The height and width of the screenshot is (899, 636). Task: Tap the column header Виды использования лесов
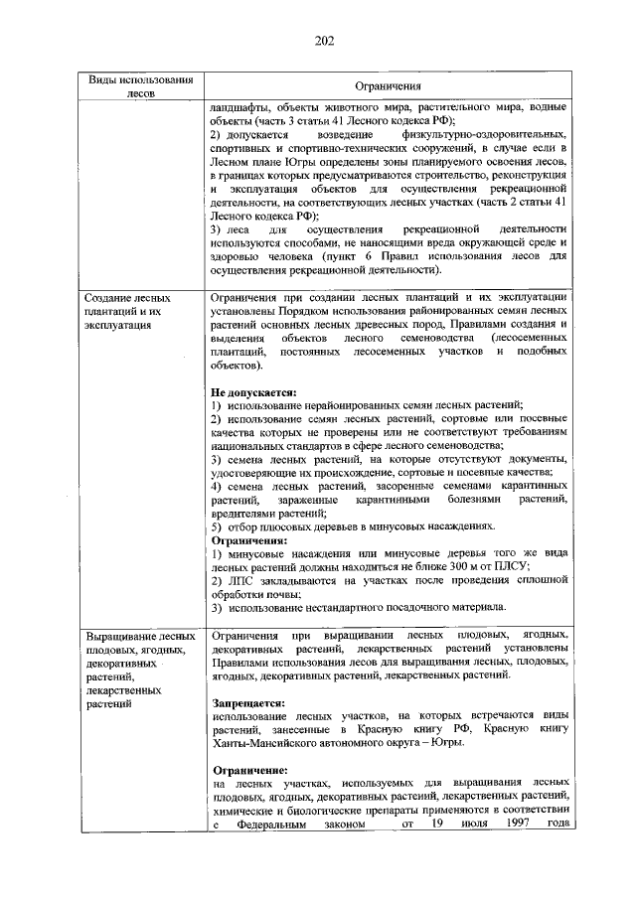[x=134, y=86]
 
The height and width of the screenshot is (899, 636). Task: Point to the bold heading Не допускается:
[x=254, y=391]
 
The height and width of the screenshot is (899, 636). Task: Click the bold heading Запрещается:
[x=248, y=702]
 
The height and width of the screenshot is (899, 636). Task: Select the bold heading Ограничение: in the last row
[x=250, y=771]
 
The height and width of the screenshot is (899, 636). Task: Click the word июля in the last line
[x=456, y=824]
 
